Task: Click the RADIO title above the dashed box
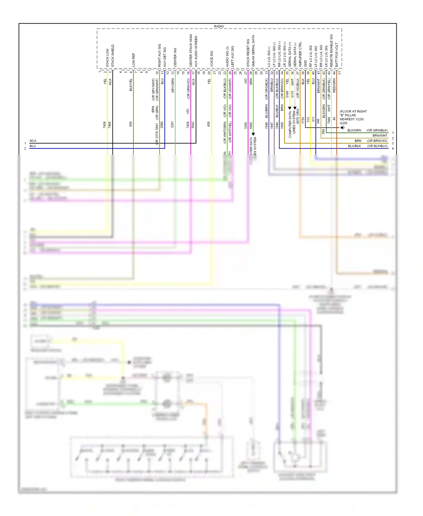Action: pos(219,26)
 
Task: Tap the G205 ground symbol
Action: pos(342,128)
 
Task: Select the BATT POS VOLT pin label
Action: pos(336,55)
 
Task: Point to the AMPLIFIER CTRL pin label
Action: pos(300,54)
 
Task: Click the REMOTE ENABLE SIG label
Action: pos(331,51)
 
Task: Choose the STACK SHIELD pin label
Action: pos(113,56)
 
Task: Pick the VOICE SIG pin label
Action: pos(211,59)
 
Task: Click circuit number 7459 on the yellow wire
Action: pos(104,125)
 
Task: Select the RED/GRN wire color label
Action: pos(334,86)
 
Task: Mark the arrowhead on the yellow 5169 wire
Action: pos(290,108)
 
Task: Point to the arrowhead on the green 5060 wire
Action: pos(253,134)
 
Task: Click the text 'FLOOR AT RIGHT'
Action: pos(353,111)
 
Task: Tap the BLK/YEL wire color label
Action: pos(131,85)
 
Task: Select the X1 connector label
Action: pos(340,73)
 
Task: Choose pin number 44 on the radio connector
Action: pos(334,73)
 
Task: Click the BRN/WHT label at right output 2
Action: pos(380,135)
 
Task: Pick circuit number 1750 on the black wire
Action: pos(303,120)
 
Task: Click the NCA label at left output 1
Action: pos(33,141)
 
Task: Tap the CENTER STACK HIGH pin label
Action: pos(191,51)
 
